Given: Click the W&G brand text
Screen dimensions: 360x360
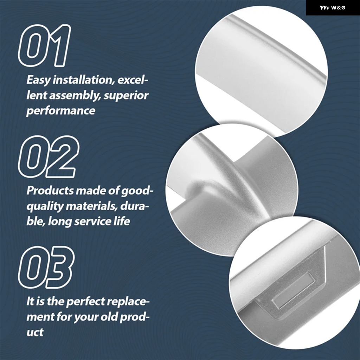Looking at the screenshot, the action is (338, 8).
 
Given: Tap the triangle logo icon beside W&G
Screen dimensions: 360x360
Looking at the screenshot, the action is (324, 8).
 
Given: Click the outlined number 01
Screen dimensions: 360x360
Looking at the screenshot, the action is (44, 45).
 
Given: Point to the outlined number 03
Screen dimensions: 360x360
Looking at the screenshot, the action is (46, 267).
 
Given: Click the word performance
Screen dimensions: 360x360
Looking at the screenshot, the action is (60, 111).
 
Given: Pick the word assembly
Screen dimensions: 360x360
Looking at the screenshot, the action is (75, 96).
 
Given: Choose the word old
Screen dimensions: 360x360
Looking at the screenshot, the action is (107, 317).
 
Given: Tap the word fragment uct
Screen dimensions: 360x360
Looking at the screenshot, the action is (35, 333).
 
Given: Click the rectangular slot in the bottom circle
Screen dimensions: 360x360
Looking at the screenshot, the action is (294, 291).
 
